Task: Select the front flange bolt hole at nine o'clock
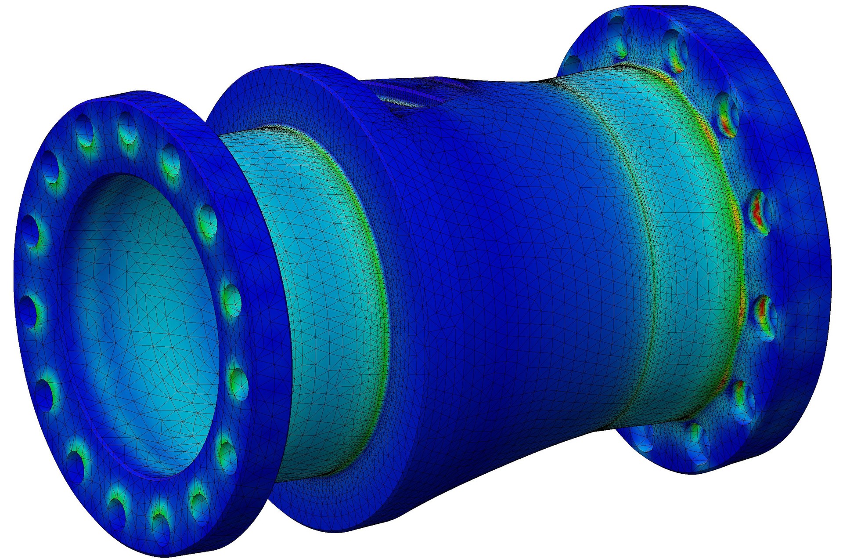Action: pyautogui.click(x=27, y=310)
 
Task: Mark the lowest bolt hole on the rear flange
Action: pyautogui.click(x=696, y=444)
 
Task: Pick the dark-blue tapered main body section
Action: pyautogui.click(x=505, y=264)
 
